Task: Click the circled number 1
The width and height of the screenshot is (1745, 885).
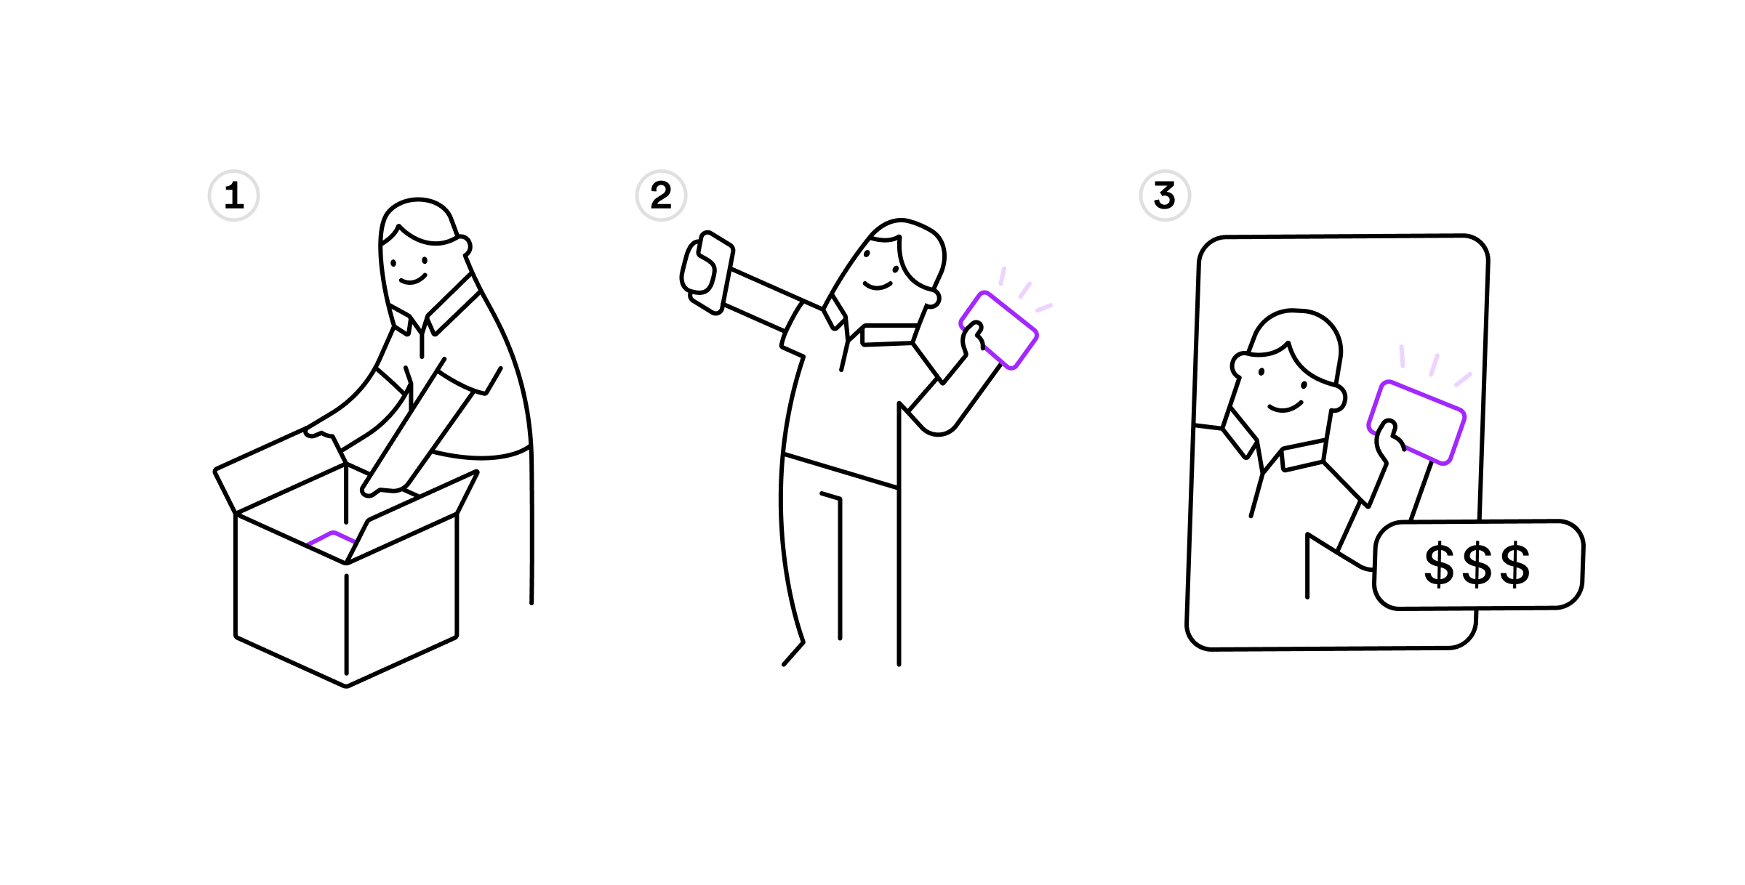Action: pos(233,195)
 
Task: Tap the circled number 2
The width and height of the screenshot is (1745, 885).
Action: pos(661,195)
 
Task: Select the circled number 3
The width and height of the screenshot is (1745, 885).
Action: pos(1165,195)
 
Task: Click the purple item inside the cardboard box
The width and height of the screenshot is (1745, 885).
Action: pos(332,538)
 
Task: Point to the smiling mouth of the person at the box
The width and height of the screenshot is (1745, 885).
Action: pos(412,280)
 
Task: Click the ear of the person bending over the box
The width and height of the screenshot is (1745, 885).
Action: pos(463,246)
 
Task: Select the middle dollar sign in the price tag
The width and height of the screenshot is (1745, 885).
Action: pos(1477,564)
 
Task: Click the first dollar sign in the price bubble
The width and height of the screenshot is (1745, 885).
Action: pos(1439,564)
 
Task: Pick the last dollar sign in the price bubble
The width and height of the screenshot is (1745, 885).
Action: pos(1515,564)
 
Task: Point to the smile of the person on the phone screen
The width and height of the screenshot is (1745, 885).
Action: pos(1285,407)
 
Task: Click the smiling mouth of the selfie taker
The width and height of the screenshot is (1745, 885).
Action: pos(877,286)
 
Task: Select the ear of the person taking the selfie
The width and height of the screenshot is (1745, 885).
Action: pos(932,298)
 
